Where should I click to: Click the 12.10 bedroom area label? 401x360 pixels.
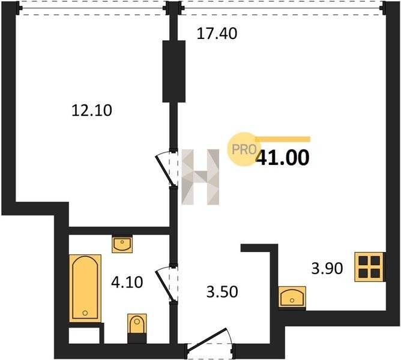click(92, 111)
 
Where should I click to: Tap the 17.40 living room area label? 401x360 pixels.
click(217, 34)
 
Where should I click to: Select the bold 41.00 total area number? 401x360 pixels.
click(283, 158)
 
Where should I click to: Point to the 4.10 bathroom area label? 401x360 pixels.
click(127, 283)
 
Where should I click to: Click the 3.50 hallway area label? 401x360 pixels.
click(222, 292)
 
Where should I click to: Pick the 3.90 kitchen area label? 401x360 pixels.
click(327, 269)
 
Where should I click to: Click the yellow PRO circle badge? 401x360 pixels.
click(244, 149)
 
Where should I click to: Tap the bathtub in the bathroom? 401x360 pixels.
click(85, 288)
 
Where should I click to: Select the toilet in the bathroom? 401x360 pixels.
click(137, 325)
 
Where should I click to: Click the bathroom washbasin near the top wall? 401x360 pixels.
click(122, 244)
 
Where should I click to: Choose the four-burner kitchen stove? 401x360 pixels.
click(369, 267)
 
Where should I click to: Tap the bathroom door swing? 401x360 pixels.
click(166, 283)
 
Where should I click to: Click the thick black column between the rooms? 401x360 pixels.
click(174, 71)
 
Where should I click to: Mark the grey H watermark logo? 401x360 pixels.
click(200, 177)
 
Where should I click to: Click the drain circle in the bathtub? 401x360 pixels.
click(85, 313)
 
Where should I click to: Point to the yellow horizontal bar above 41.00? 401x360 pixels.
click(283, 139)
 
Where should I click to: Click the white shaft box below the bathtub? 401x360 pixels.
click(84, 335)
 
